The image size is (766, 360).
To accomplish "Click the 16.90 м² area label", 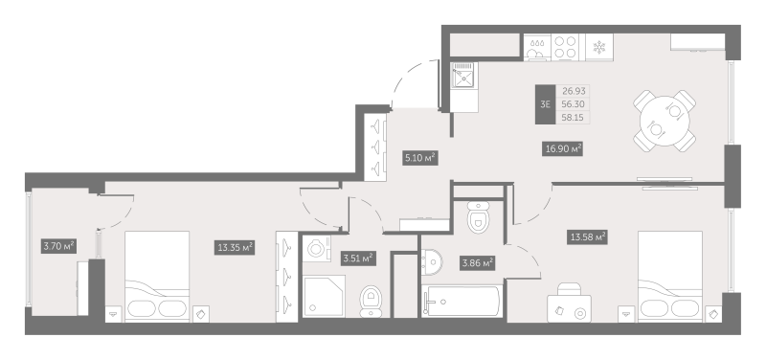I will [x=563, y=148].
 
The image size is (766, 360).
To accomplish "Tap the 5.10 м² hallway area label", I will [x=417, y=158].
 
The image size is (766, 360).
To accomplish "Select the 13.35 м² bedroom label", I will [x=234, y=247].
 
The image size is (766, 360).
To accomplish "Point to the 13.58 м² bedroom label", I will [x=589, y=236].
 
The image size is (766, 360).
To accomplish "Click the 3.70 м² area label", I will [x=59, y=246].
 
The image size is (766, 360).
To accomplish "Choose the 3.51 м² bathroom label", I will [x=358, y=257].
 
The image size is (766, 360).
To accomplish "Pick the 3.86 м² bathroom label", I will [x=476, y=262].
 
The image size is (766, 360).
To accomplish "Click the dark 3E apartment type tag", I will [x=545, y=104].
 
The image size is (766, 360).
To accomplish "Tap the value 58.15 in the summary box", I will [x=574, y=116].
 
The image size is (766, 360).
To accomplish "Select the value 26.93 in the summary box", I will [x=574, y=91].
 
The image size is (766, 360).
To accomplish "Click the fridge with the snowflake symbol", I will [x=598, y=47].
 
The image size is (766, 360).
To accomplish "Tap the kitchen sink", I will [x=463, y=76].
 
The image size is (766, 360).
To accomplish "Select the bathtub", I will [x=461, y=303].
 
